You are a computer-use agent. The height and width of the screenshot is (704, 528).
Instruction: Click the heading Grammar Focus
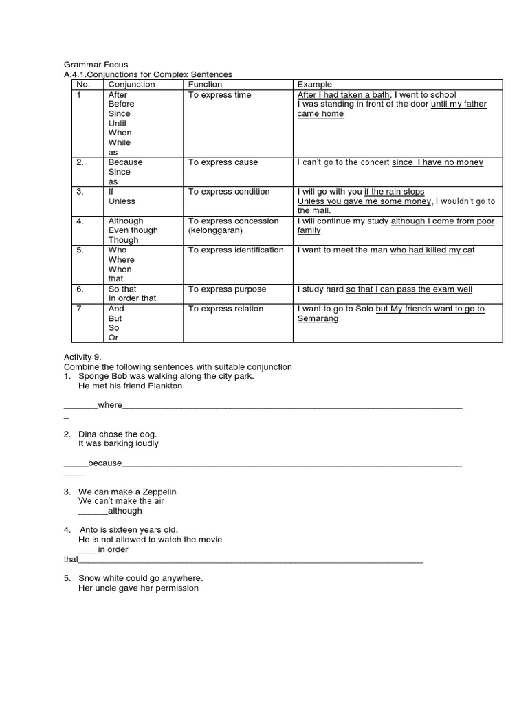(96, 65)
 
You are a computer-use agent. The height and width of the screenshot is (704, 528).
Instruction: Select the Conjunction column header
(131, 85)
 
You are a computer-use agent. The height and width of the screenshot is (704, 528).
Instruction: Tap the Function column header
(205, 85)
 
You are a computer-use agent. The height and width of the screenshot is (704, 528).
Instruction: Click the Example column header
(314, 85)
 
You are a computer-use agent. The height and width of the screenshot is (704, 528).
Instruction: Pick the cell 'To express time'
(219, 95)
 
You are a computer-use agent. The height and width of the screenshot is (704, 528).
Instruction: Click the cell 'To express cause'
(223, 162)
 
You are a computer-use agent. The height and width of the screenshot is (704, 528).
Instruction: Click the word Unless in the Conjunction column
(122, 201)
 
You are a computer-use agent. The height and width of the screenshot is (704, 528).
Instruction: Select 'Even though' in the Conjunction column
(133, 231)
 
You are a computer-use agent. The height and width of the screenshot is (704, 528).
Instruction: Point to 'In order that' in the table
(132, 299)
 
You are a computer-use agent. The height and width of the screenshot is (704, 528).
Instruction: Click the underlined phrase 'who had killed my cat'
(432, 250)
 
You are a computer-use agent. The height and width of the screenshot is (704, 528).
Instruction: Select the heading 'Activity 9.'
(82, 357)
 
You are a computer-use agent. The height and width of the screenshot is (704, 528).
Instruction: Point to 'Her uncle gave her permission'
(138, 588)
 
